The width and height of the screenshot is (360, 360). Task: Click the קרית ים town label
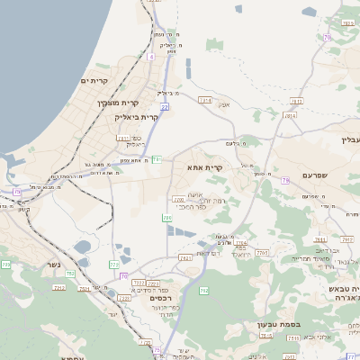[x=94, y=81]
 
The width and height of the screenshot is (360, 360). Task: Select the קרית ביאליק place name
[x=135, y=117]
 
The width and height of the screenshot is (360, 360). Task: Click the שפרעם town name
[x=335, y=175]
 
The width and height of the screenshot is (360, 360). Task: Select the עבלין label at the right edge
[x=349, y=139]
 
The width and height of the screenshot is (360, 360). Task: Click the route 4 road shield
[x=151, y=57]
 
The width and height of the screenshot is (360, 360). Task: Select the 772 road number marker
[x=114, y=265]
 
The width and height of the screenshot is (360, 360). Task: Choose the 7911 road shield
[x=319, y=239]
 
